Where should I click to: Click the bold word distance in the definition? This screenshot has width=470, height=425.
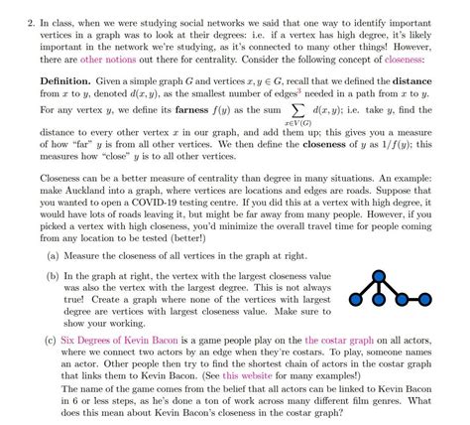[412, 77]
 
